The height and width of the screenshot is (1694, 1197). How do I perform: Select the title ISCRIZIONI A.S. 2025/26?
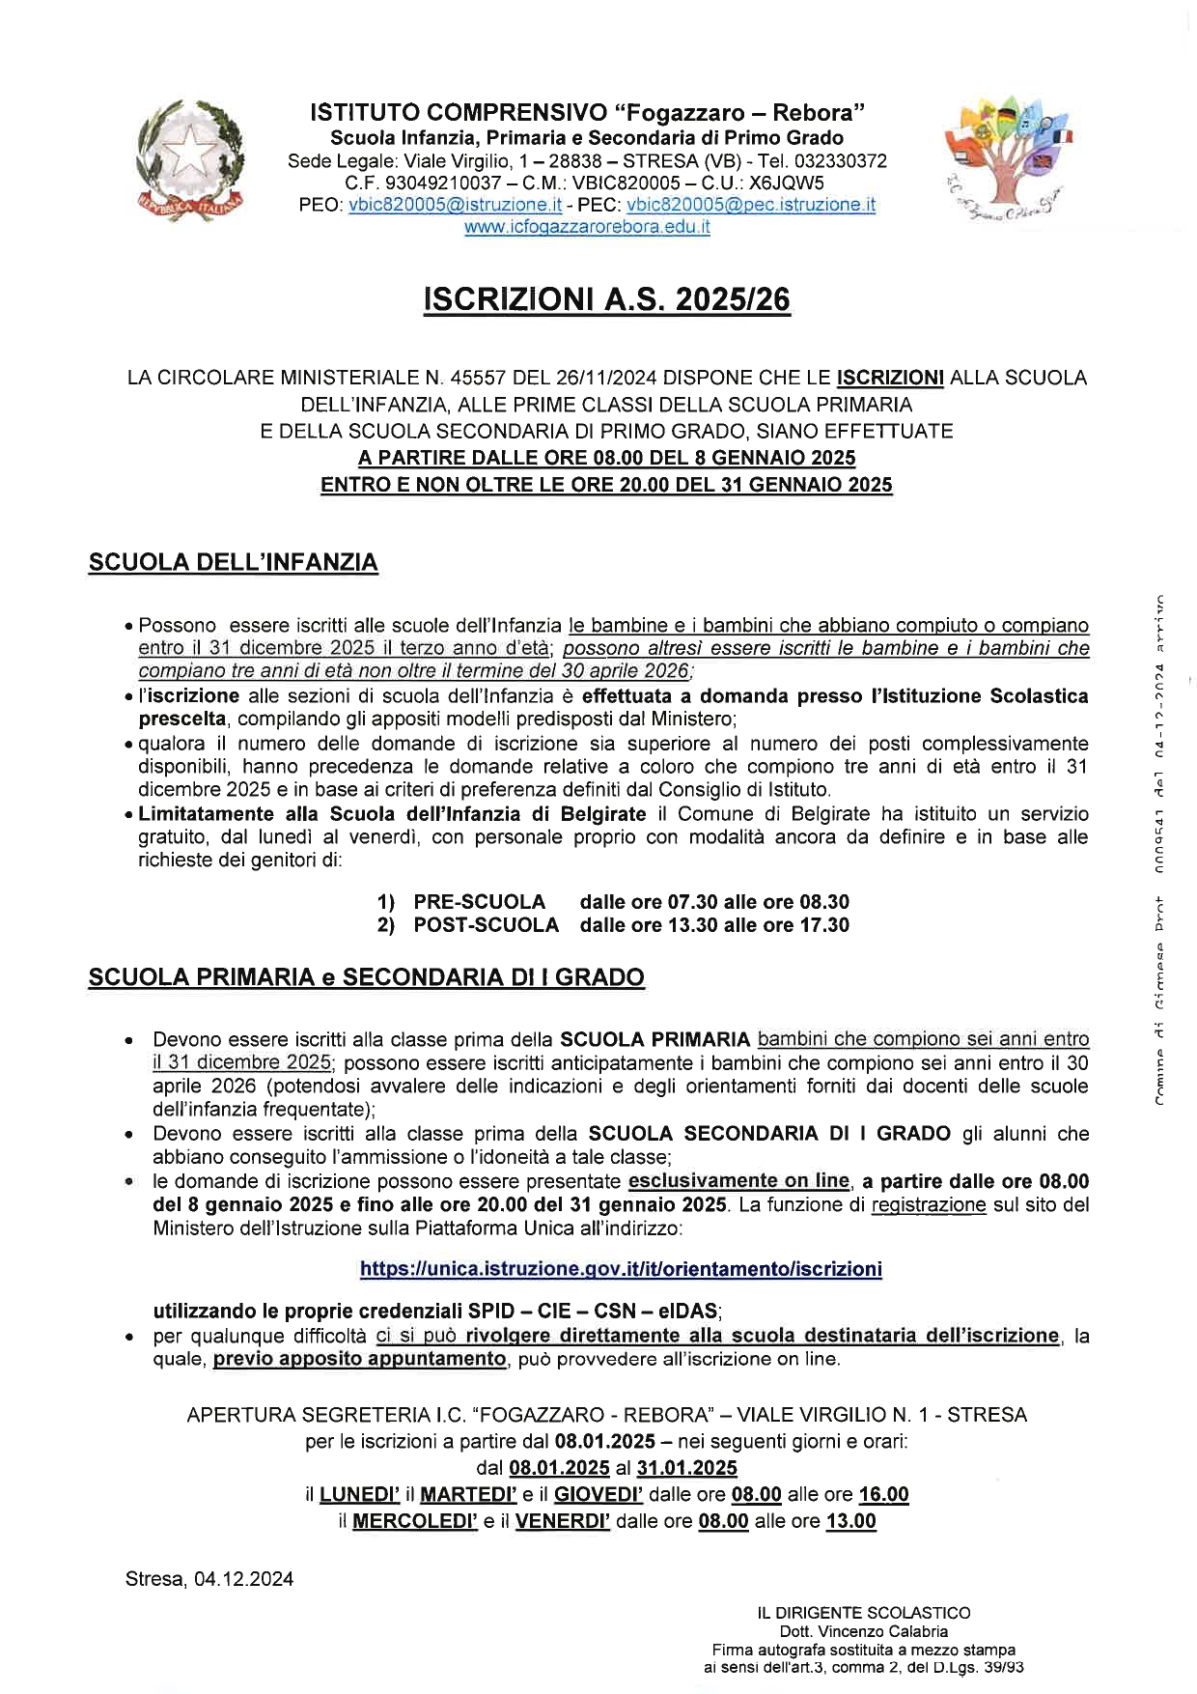(606, 300)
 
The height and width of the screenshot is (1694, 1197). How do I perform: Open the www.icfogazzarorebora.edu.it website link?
(587, 228)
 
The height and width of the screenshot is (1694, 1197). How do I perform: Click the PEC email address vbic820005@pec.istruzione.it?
(751, 205)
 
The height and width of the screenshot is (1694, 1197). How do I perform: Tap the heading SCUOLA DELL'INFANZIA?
(233, 562)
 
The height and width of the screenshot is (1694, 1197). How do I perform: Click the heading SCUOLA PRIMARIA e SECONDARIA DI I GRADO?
(366, 977)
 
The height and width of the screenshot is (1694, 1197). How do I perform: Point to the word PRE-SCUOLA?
(479, 902)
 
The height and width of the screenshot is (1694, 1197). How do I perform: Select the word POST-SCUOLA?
(486, 925)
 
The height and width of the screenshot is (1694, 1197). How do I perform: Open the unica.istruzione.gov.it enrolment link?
(621, 1268)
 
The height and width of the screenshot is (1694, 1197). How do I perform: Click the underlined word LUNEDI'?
(359, 1494)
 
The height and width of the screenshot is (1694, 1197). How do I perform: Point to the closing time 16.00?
(883, 1494)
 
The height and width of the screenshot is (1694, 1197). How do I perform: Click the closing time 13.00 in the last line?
(850, 1521)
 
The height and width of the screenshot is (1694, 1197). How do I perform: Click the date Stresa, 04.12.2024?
(209, 1579)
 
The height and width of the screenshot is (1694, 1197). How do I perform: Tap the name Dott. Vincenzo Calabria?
(863, 1631)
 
